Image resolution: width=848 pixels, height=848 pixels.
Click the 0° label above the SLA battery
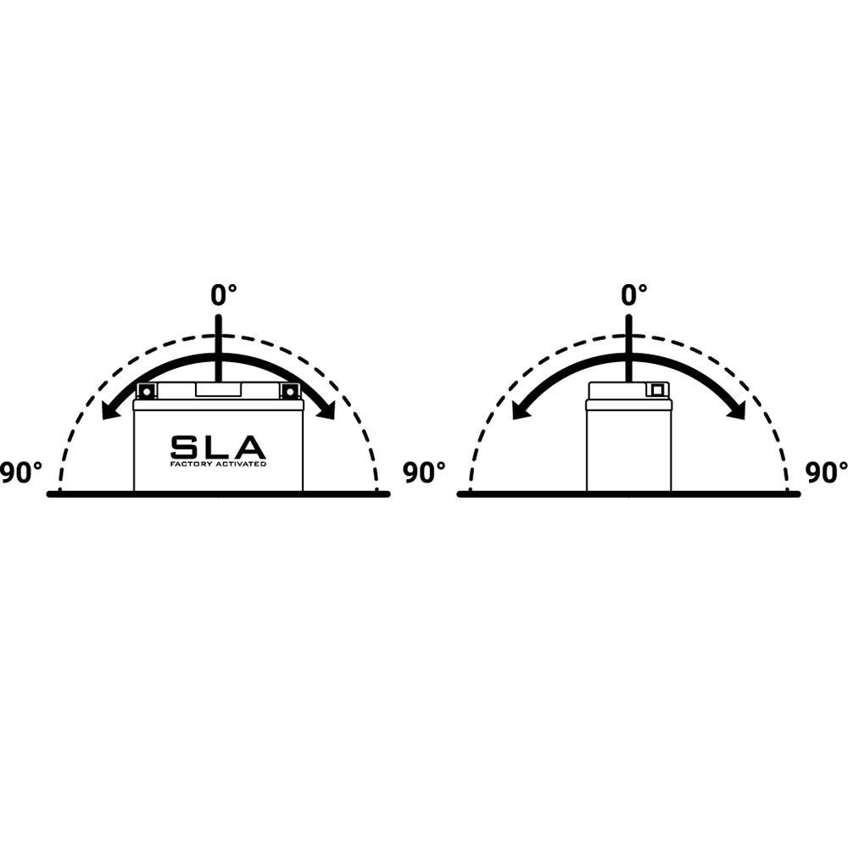(x=224, y=295)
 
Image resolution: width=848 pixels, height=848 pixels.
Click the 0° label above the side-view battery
(x=634, y=295)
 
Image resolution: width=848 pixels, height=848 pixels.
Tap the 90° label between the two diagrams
(x=424, y=473)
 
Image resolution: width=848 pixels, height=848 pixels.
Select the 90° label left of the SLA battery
(x=20, y=473)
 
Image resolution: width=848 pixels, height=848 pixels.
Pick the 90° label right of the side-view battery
(x=826, y=473)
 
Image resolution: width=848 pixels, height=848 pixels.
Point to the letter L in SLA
(x=217, y=447)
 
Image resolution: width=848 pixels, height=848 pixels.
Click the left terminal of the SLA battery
(x=146, y=391)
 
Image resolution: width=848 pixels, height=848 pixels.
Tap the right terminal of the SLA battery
(x=291, y=391)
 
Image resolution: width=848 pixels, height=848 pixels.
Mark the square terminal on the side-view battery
(x=656, y=390)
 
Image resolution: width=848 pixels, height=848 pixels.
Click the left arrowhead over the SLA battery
(x=108, y=411)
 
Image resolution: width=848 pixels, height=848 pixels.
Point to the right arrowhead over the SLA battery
(x=327, y=411)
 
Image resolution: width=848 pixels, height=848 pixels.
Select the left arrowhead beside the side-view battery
(x=518, y=411)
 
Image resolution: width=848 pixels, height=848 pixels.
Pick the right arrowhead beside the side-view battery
(x=738, y=411)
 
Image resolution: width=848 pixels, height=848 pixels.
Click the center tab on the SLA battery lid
(x=218, y=390)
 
